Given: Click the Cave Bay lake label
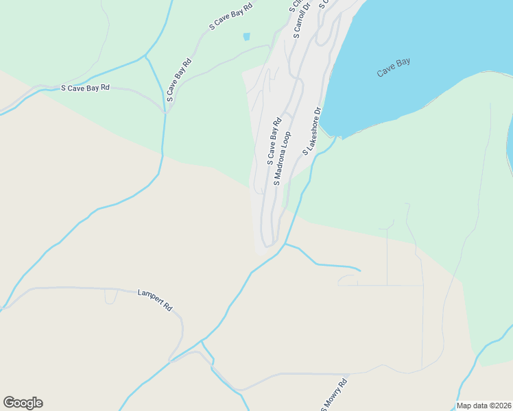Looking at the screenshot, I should pyautogui.click(x=394, y=67).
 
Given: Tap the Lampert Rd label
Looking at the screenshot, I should pyautogui.click(x=154, y=299).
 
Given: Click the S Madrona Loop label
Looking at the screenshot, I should pyautogui.click(x=283, y=158).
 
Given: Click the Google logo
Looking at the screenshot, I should pyautogui.click(x=23, y=403).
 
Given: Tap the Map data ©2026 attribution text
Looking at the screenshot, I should pyautogui.click(x=484, y=406).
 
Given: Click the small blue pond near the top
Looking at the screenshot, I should pyautogui.click(x=246, y=36).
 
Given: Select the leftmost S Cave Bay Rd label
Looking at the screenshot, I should pyautogui.click(x=86, y=88).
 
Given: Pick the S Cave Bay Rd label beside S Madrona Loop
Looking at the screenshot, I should pyautogui.click(x=274, y=142).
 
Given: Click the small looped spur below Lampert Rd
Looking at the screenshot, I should pyautogui.click(x=110, y=297).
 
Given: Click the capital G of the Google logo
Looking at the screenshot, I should pyautogui.click(x=9, y=402).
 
